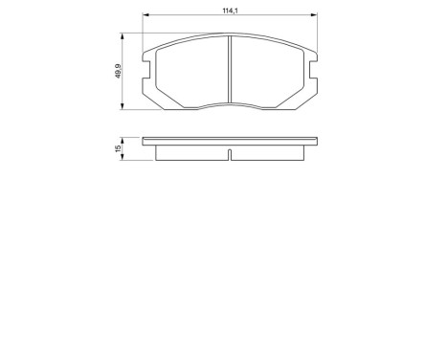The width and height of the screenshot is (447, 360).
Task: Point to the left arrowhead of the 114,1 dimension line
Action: pyautogui.click(x=145, y=16)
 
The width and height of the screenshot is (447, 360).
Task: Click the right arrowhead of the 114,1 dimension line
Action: pyautogui.click(x=317, y=16)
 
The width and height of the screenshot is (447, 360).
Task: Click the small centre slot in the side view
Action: pyautogui.click(x=231, y=152)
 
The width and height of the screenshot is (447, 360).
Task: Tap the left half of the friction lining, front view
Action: pyautogui.click(x=191, y=69)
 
